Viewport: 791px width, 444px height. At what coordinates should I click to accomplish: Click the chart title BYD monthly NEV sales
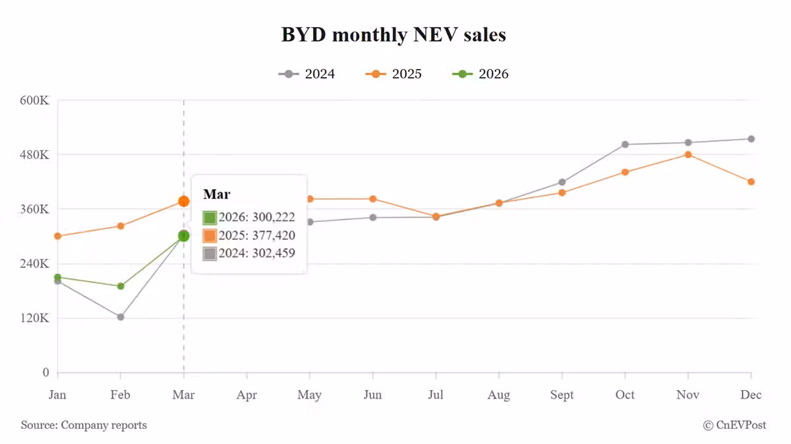(x=394, y=34)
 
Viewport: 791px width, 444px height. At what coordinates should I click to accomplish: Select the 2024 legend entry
(x=307, y=74)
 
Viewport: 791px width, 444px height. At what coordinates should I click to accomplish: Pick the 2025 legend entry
(x=394, y=74)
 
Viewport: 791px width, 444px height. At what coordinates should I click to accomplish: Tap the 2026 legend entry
(x=481, y=74)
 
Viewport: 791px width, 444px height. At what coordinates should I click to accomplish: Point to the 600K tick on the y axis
(x=36, y=101)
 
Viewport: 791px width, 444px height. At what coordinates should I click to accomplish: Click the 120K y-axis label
(x=36, y=318)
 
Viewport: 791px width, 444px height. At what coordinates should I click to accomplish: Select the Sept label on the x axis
(x=562, y=395)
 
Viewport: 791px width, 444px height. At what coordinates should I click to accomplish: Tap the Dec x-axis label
(x=751, y=395)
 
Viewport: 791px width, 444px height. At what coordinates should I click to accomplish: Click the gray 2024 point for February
(x=121, y=317)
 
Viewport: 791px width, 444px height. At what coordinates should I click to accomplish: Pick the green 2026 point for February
(x=121, y=286)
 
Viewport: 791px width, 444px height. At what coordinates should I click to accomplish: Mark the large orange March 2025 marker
(x=183, y=202)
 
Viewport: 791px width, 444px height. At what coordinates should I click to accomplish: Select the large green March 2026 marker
(x=183, y=236)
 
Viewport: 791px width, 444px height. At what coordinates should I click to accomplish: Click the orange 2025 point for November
(x=688, y=155)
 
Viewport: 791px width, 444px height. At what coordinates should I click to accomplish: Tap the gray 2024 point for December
(x=751, y=139)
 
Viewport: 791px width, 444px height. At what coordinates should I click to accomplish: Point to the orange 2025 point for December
(x=751, y=182)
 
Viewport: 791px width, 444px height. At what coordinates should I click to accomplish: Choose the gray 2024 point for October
(x=625, y=144)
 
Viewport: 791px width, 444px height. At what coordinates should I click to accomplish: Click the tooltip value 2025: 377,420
(x=257, y=236)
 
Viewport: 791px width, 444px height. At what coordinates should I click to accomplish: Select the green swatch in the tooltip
(x=210, y=217)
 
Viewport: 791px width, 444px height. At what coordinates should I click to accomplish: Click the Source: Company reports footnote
(x=84, y=426)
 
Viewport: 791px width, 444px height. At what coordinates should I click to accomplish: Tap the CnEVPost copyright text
(x=734, y=426)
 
